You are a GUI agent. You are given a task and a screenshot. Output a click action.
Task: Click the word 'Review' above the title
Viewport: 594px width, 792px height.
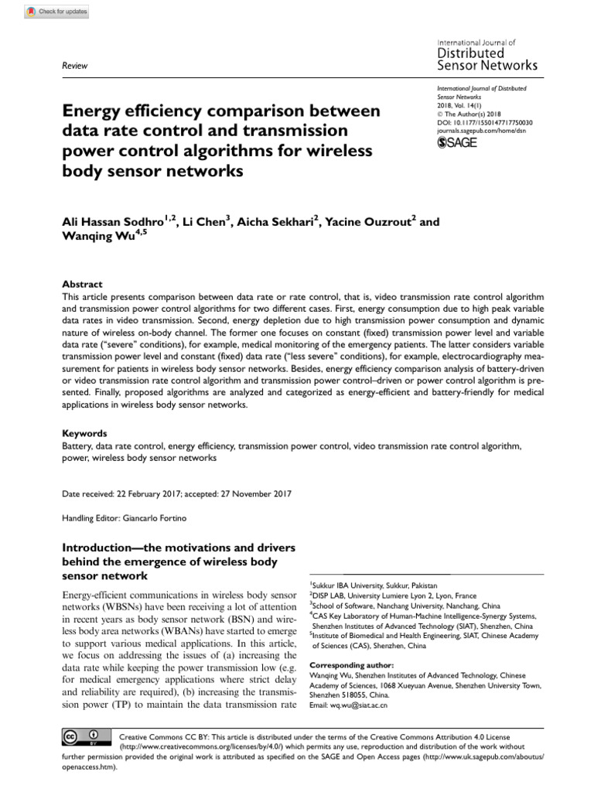point(73,67)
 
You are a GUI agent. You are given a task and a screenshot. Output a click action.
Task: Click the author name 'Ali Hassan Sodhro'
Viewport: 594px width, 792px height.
point(116,222)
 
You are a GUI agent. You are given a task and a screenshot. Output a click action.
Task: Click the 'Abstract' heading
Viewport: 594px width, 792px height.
point(81,284)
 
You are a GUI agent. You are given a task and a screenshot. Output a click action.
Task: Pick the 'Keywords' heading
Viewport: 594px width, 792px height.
point(84,433)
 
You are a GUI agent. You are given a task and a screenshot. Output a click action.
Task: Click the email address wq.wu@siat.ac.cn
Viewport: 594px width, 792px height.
point(360,705)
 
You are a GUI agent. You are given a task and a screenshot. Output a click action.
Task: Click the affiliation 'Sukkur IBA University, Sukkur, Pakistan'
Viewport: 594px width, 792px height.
point(374,585)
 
